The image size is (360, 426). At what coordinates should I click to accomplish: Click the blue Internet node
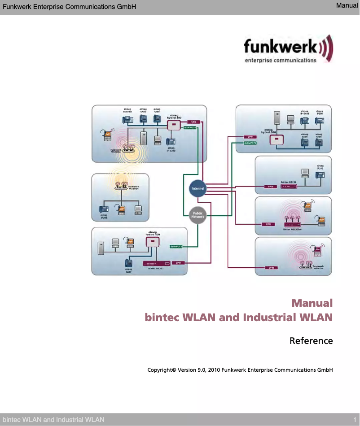(198, 189)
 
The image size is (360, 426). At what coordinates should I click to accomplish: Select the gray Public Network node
(198, 216)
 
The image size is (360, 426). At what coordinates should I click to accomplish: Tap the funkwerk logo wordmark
(281, 47)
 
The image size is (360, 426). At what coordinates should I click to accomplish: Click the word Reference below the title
(311, 341)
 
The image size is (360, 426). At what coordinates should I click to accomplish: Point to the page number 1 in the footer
(355, 420)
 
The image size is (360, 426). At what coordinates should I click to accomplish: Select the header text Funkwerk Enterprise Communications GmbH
(69, 7)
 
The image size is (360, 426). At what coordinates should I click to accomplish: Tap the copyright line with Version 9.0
(240, 370)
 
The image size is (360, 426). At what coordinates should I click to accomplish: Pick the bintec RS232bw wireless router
(292, 223)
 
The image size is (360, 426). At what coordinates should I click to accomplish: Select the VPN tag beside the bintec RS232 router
(270, 187)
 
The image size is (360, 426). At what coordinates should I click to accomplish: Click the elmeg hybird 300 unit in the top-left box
(174, 124)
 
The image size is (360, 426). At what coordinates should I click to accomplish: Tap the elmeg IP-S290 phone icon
(171, 139)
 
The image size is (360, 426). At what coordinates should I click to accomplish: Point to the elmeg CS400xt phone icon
(127, 119)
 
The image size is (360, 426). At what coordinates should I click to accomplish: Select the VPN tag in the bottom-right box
(271, 268)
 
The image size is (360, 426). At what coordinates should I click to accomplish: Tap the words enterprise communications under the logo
(281, 61)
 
